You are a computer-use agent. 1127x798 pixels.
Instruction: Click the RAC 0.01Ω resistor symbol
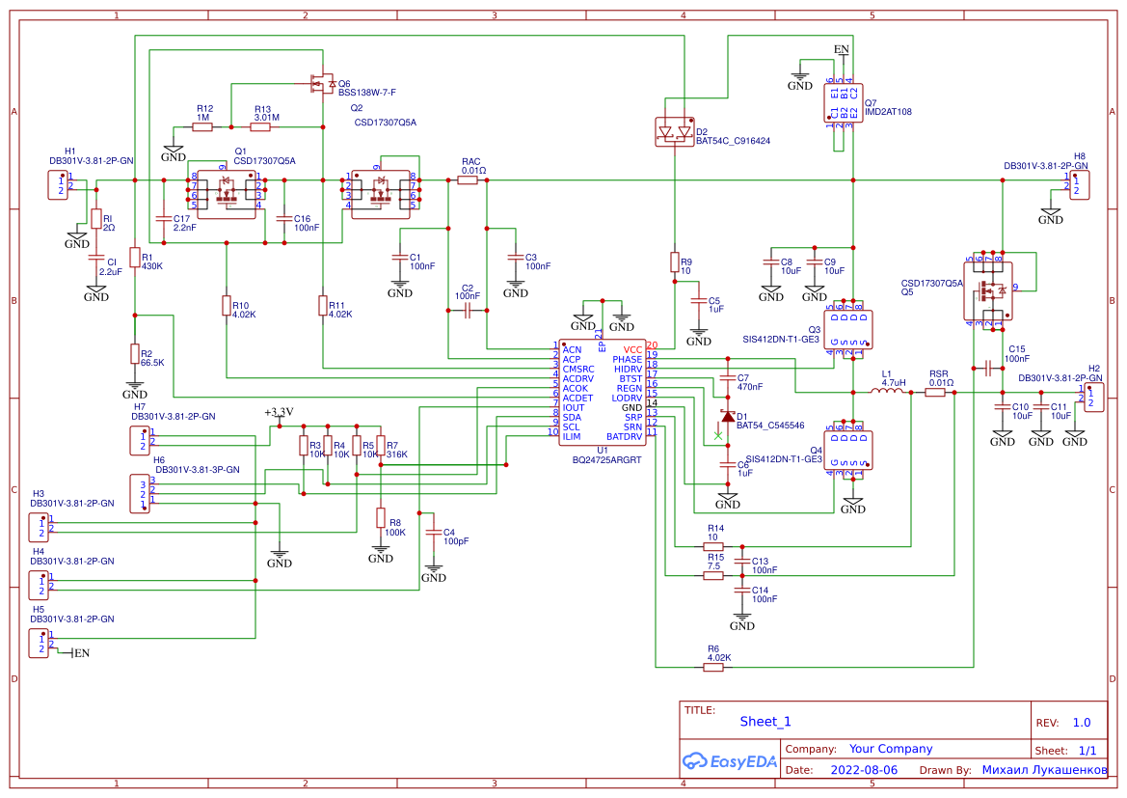(x=468, y=179)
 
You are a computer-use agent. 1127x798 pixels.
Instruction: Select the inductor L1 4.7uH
(x=887, y=392)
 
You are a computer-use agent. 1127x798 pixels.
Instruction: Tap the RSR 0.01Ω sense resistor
(x=935, y=392)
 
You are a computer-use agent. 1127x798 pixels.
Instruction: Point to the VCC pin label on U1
(x=632, y=349)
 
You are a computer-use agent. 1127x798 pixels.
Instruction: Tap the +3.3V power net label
(x=279, y=412)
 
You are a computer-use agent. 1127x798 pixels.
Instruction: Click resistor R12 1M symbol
(x=202, y=126)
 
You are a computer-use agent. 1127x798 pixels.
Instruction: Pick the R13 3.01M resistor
(x=261, y=126)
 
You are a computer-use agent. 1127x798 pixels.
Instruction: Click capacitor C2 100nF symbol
(x=468, y=311)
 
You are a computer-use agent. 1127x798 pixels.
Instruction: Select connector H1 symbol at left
(x=60, y=184)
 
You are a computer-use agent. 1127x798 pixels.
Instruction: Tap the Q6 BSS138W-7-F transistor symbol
(x=319, y=85)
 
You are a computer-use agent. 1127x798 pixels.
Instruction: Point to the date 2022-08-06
(x=863, y=770)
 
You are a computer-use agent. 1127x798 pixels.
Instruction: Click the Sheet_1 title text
(x=765, y=721)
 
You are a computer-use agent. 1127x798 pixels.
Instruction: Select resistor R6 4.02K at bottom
(x=713, y=667)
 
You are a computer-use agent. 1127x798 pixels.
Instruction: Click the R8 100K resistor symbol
(x=381, y=518)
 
